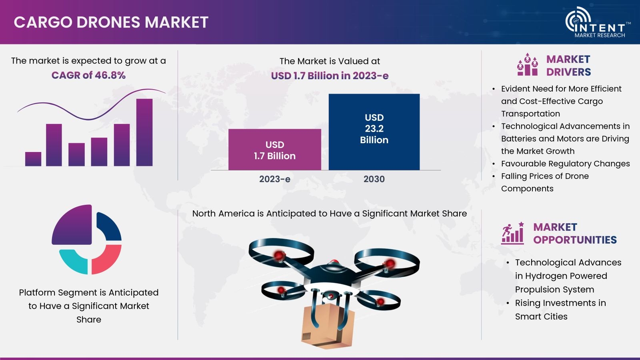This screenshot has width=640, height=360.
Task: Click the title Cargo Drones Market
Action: coord(111,22)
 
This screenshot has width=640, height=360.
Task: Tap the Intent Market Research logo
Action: coord(598,22)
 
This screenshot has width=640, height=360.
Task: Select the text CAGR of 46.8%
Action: coord(88,75)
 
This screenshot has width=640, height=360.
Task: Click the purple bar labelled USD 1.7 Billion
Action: coord(274,150)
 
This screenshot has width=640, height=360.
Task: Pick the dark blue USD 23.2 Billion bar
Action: coord(374,132)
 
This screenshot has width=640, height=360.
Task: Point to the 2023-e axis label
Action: coord(274,179)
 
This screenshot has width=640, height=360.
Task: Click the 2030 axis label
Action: coord(374,179)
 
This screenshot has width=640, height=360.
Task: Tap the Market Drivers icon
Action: coord(528,64)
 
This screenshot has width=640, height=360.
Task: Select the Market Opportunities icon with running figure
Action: coord(512,233)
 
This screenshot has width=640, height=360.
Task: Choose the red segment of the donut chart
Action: coord(106,260)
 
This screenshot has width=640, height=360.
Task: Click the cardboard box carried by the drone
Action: coord(328,326)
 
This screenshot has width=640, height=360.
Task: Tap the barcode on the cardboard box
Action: coord(306,336)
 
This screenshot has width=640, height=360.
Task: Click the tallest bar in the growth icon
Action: coord(144,132)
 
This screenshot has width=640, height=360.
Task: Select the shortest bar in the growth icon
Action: coord(33,159)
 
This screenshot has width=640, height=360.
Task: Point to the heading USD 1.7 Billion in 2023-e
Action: coord(330,76)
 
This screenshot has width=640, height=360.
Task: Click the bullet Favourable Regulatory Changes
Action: coord(566,164)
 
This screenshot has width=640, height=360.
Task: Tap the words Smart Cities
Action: coord(541,316)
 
